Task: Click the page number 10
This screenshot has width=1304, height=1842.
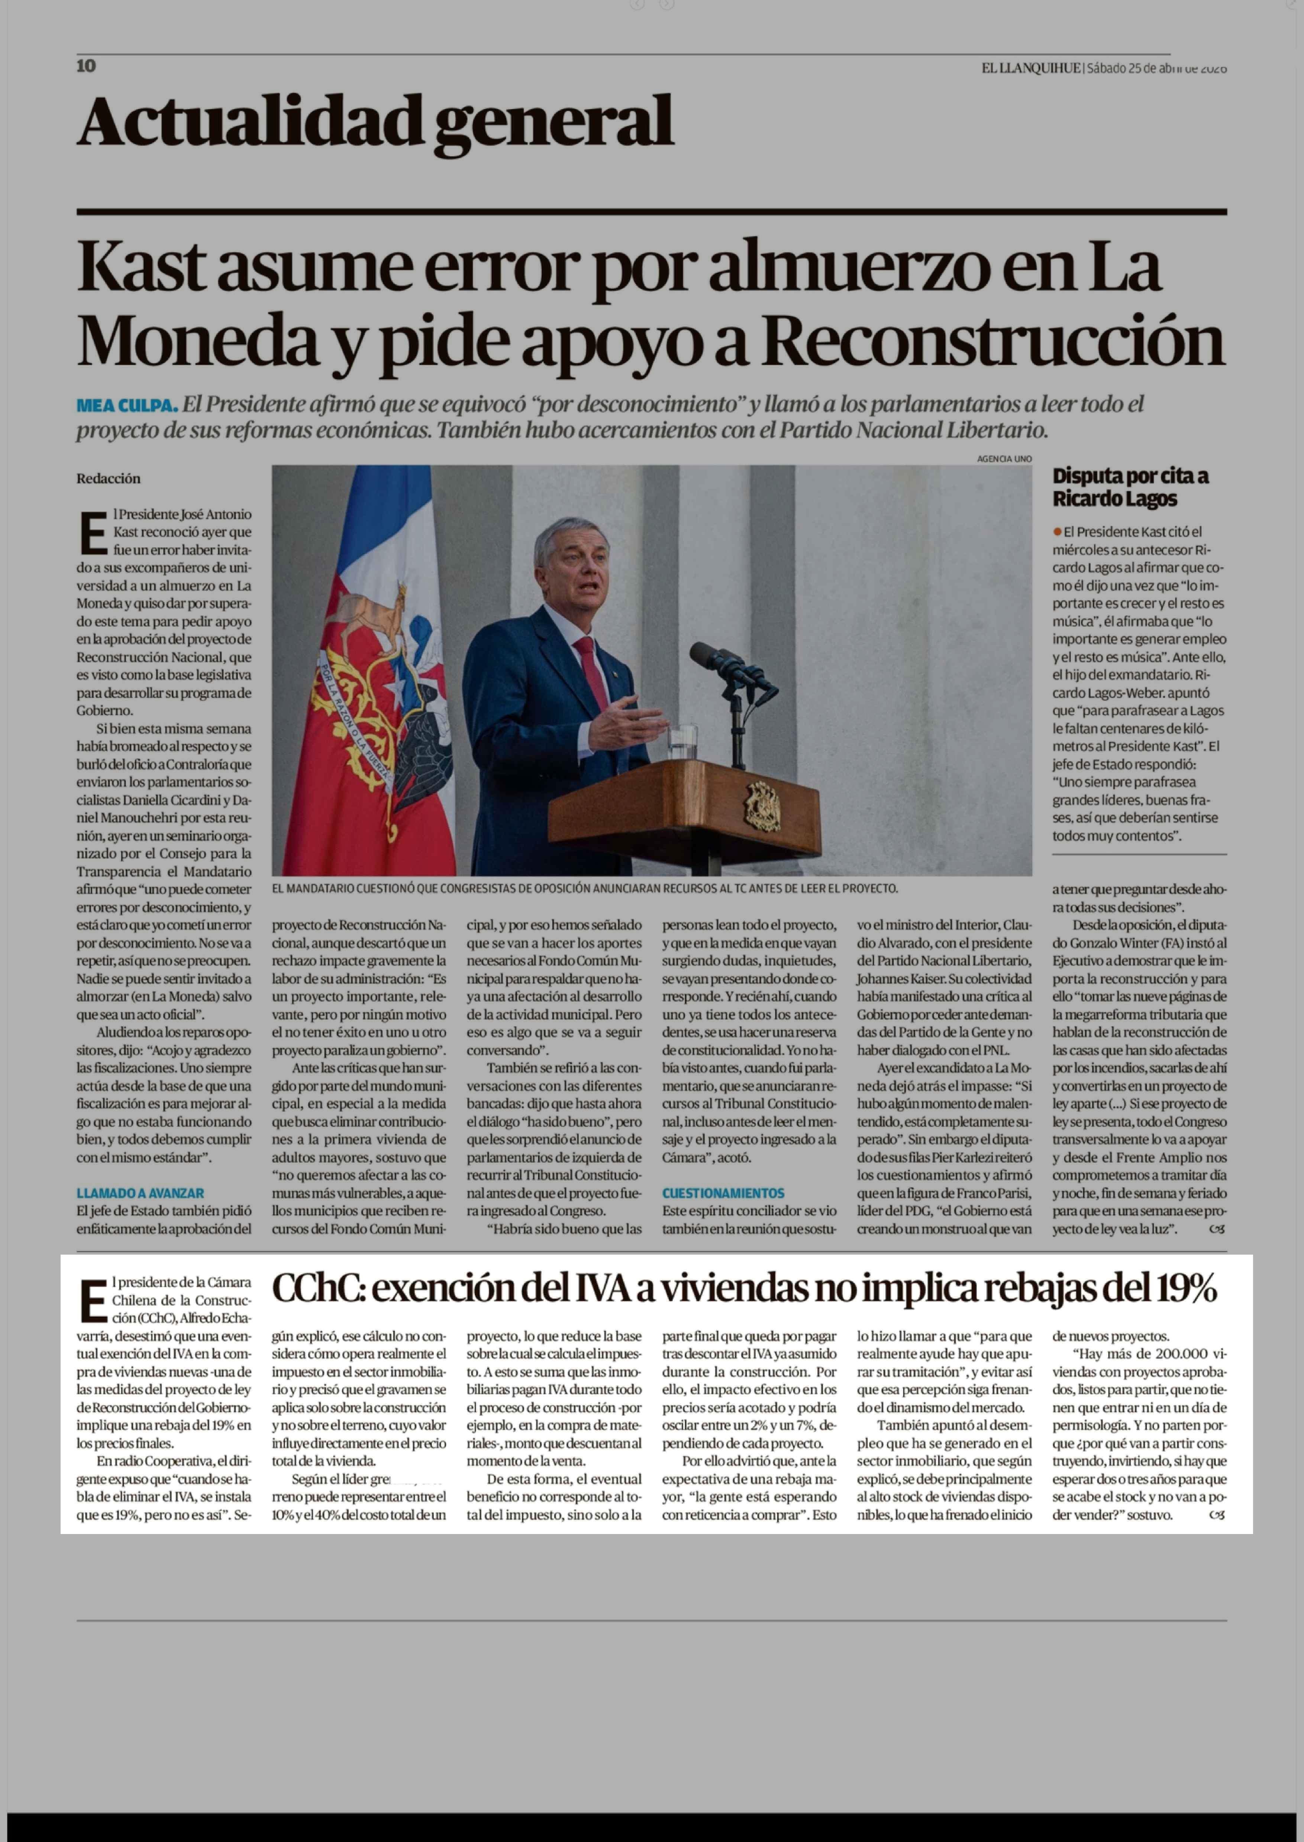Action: click(x=86, y=66)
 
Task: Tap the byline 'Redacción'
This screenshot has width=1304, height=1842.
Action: click(x=109, y=479)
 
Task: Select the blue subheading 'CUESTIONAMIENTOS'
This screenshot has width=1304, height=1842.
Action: click(x=723, y=1193)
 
